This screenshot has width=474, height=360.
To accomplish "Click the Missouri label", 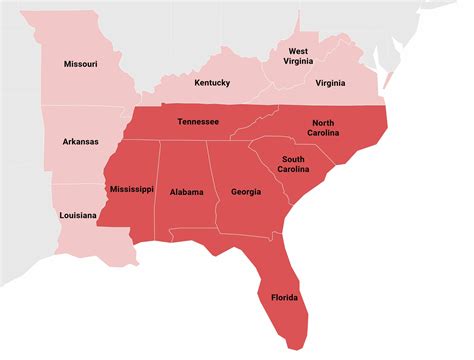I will pyautogui.click(x=80, y=64).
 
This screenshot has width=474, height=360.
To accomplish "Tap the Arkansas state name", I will pyautogui.click(x=80, y=142).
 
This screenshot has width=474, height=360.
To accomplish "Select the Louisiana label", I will pyautogui.click(x=77, y=215).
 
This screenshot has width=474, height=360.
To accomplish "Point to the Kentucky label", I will pyautogui.click(x=213, y=82).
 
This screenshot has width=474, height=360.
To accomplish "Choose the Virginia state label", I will pyautogui.click(x=330, y=83).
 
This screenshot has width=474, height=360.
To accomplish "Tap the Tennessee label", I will pyautogui.click(x=200, y=121).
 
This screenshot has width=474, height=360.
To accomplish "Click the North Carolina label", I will pyautogui.click(x=324, y=127).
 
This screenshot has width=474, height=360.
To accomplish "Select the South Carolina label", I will pyautogui.click(x=293, y=165).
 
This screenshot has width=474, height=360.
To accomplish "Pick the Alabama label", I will pyautogui.click(x=187, y=192).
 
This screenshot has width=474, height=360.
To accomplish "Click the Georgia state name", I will pyautogui.click(x=246, y=192).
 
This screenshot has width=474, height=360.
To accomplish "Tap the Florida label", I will pyautogui.click(x=285, y=297).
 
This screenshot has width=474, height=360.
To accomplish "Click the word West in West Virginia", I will pyautogui.click(x=298, y=50).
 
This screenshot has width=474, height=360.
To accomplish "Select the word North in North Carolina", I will pyautogui.click(x=324, y=121).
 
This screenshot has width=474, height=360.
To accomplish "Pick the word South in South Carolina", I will pyautogui.click(x=293, y=159).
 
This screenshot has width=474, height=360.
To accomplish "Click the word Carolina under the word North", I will pyautogui.click(x=324, y=133).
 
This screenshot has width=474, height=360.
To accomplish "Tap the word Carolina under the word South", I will pyautogui.click(x=293, y=171).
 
